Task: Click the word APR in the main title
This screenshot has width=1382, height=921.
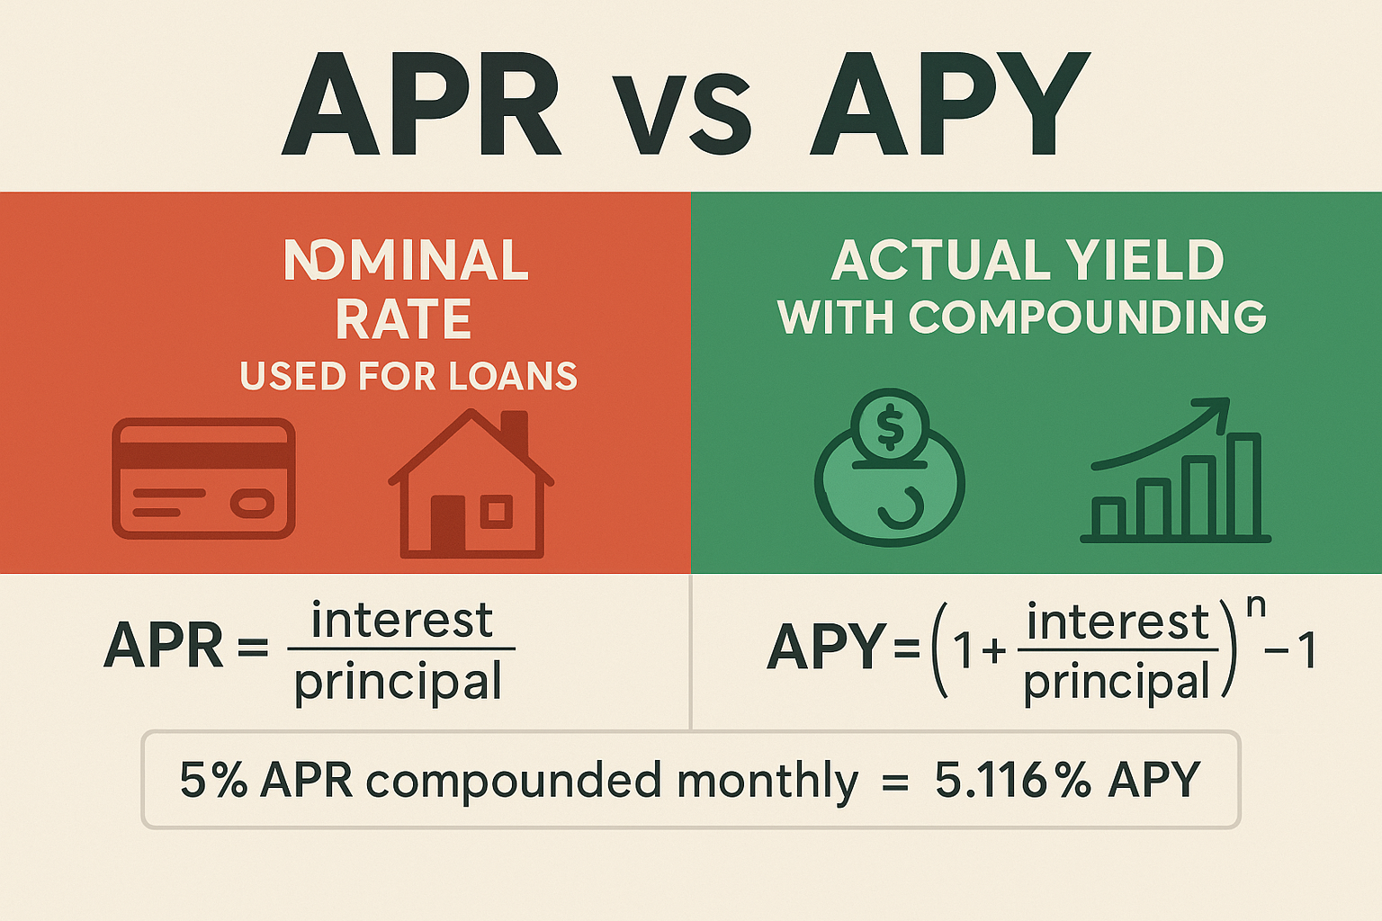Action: point(421,106)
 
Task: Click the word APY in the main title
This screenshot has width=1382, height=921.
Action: point(950,106)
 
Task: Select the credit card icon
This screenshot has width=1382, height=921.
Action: point(203,478)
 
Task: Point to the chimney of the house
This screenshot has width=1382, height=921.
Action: point(514,432)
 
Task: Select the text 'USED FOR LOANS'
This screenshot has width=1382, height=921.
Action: point(408,376)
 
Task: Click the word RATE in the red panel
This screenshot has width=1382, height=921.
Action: point(404,319)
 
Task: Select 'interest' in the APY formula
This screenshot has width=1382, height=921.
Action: point(1117,622)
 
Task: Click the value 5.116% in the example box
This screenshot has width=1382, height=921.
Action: point(1012,780)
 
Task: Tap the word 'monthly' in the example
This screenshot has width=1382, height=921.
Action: point(767,782)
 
